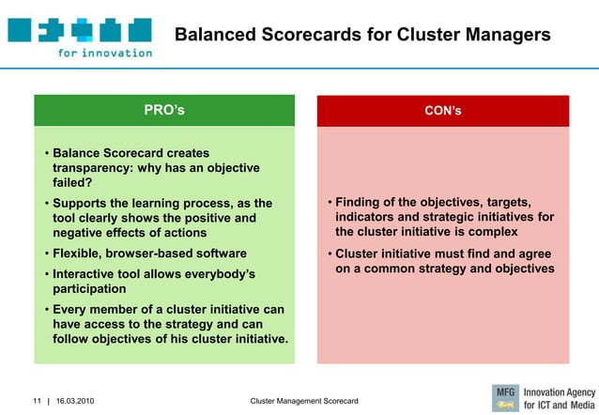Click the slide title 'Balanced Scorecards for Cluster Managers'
click(x=362, y=36)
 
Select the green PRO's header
click(x=164, y=111)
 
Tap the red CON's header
click(x=442, y=111)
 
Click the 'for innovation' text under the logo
click(x=104, y=54)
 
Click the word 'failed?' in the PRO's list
click(x=72, y=183)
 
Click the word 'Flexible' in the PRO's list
click(x=80, y=254)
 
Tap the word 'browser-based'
click(x=150, y=254)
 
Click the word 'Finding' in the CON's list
click(x=361, y=204)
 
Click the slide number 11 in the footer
click(x=38, y=402)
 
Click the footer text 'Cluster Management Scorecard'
click(x=304, y=402)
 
